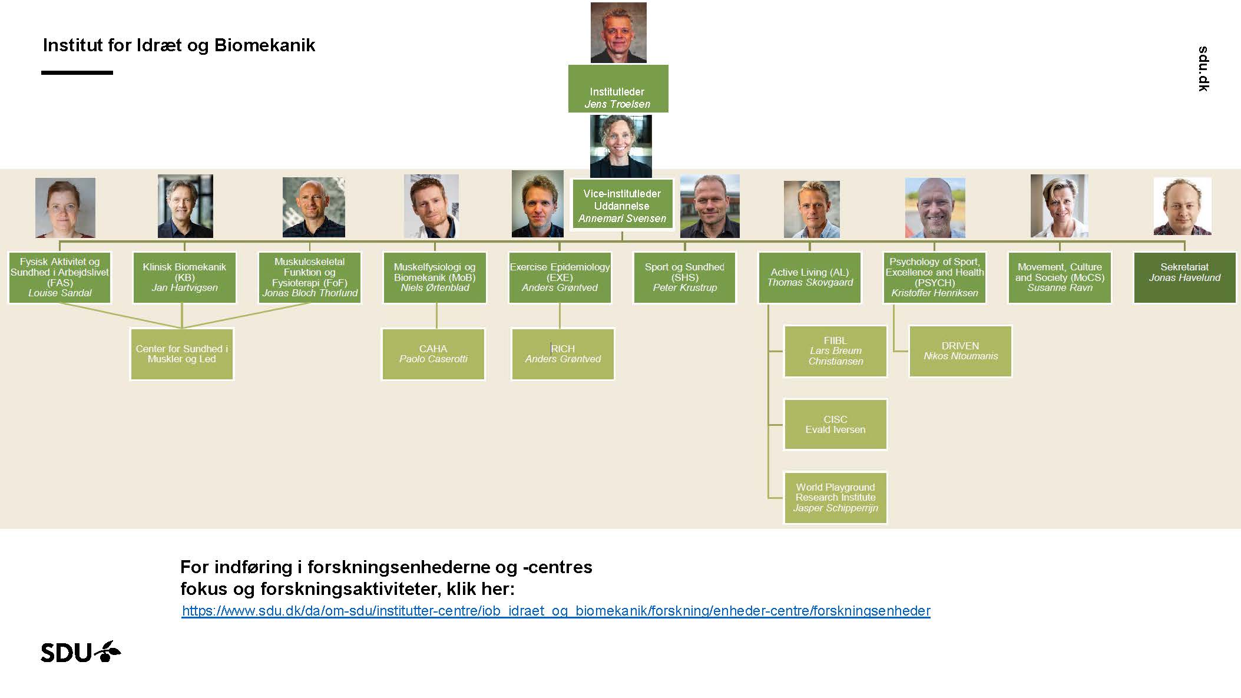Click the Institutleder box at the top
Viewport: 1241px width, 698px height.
618,88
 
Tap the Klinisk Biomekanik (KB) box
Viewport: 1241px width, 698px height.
184,277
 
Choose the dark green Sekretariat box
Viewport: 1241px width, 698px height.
1184,277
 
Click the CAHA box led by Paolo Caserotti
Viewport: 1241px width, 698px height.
433,354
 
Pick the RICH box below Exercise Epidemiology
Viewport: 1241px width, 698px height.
562,354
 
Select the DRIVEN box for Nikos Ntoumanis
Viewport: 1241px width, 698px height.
960,351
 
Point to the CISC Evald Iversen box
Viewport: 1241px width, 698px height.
835,425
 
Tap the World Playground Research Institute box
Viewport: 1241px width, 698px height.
835,498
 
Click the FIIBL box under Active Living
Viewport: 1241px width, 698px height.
835,351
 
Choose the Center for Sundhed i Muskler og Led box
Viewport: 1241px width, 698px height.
181,354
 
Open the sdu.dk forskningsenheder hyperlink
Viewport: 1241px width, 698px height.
556,611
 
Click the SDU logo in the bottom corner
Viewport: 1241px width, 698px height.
81,652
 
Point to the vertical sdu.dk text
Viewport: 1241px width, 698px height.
1203,69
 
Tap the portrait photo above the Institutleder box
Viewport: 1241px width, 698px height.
618,32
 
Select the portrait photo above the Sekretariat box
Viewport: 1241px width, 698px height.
1182,207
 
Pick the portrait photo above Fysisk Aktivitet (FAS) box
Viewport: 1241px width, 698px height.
65,208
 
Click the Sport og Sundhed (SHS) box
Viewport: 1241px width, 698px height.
684,277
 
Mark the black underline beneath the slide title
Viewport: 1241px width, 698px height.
77,72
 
